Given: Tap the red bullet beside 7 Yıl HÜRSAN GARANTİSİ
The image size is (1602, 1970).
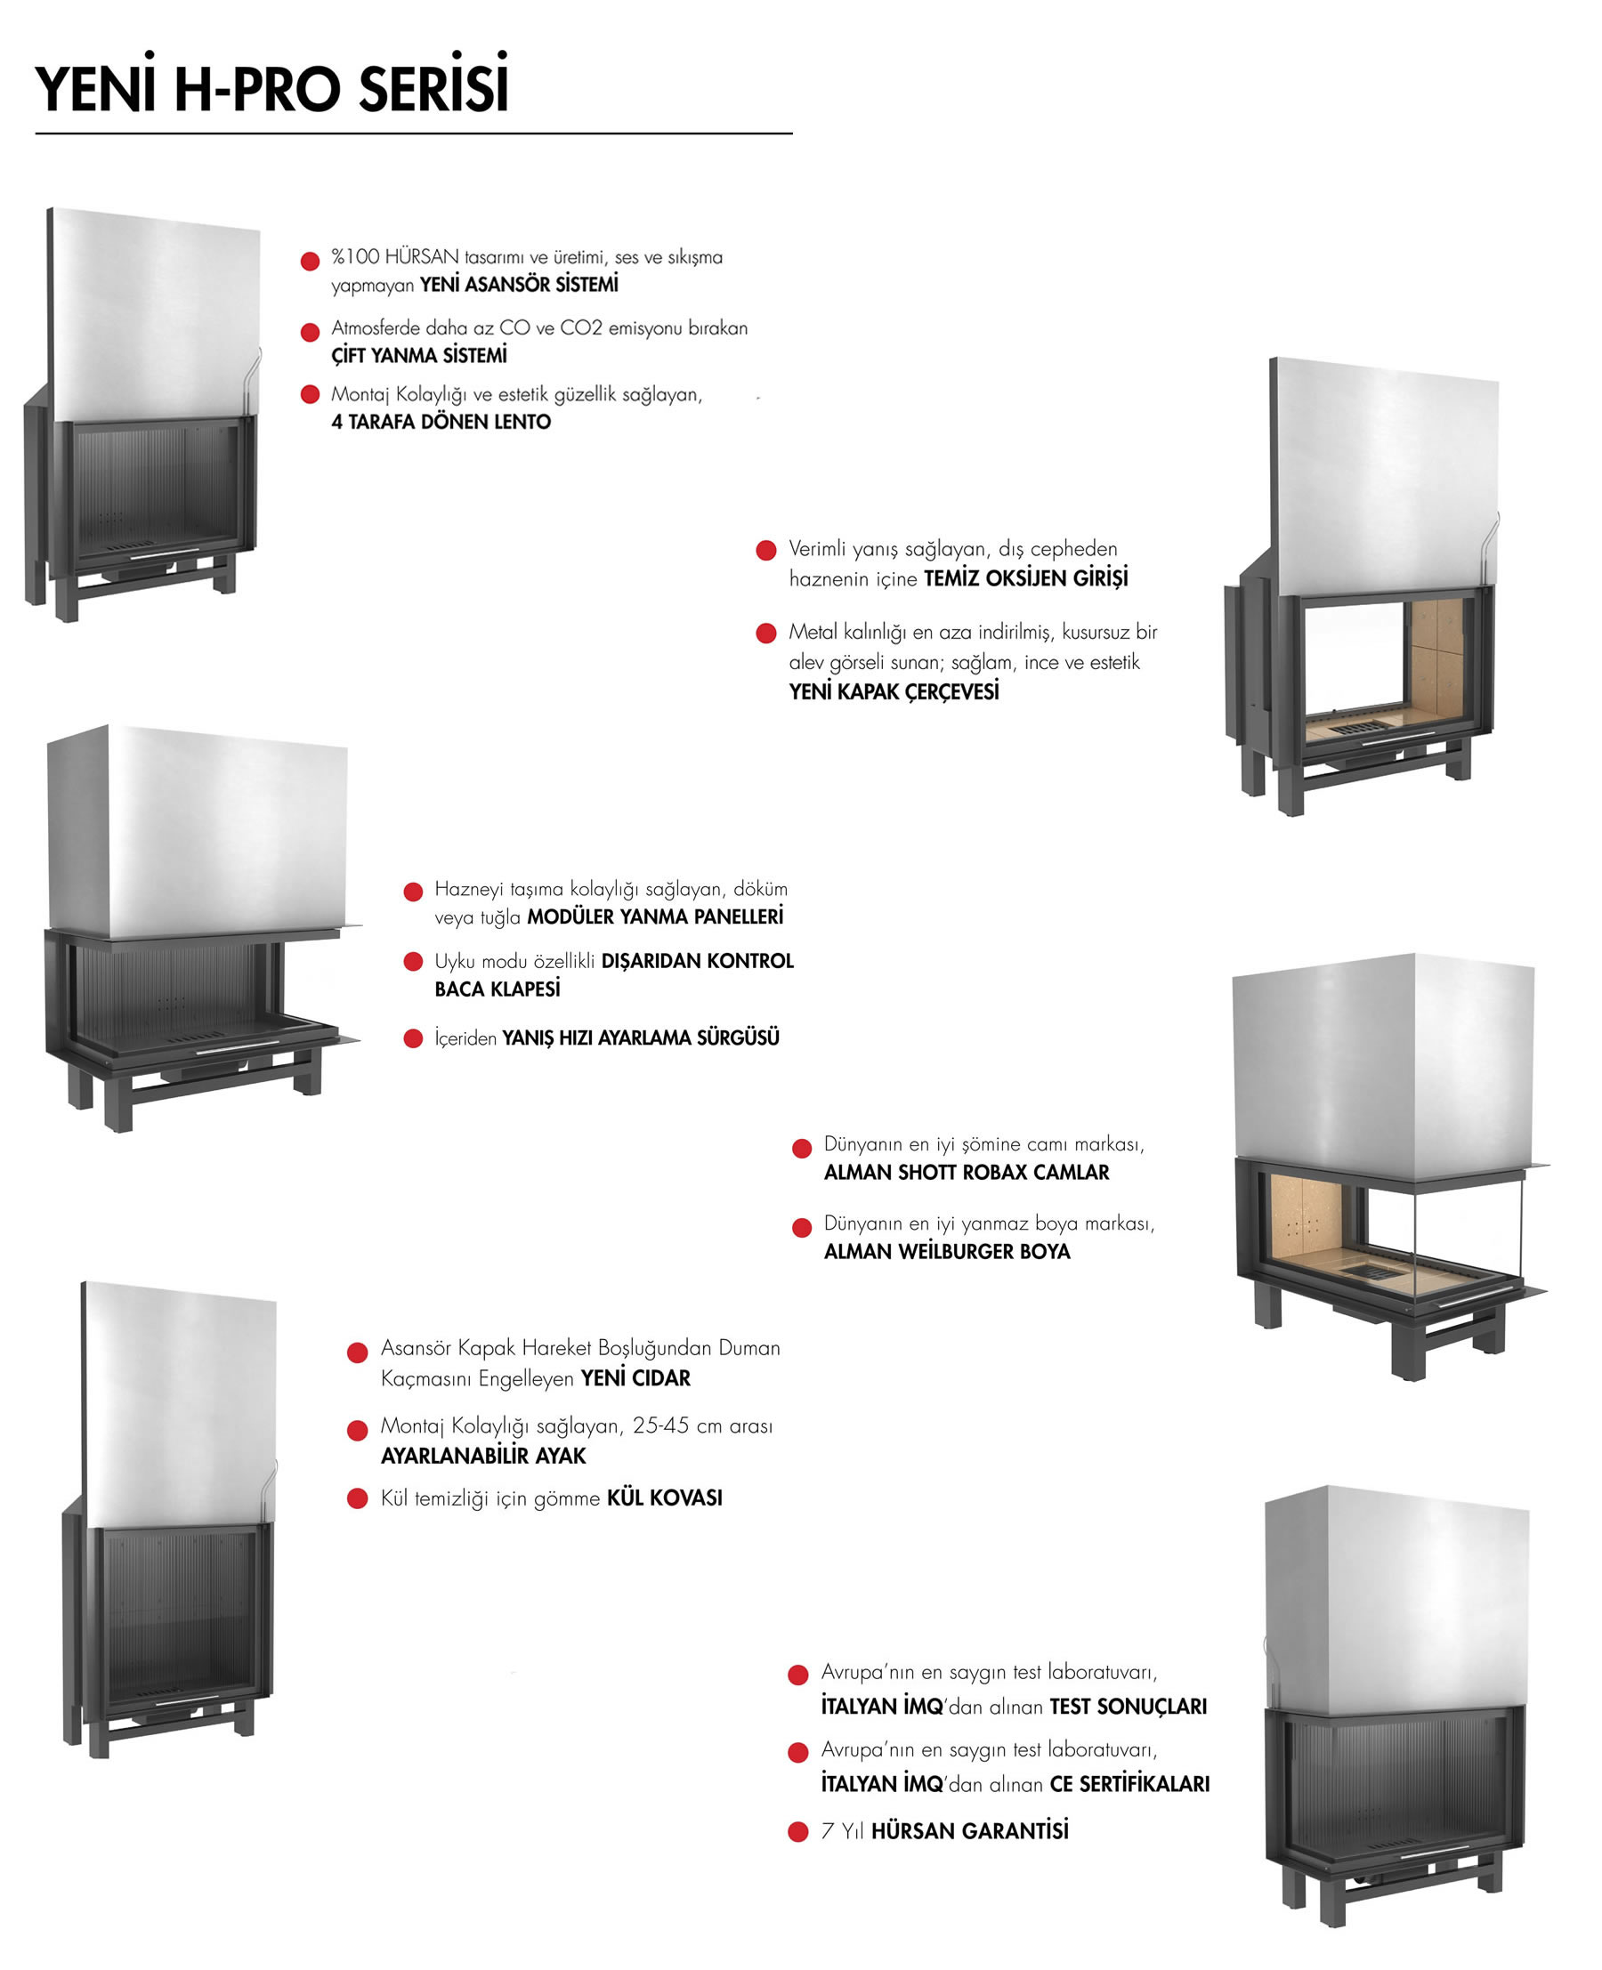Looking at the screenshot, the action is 798,1831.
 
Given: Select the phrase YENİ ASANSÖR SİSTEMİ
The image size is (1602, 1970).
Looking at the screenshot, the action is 520,284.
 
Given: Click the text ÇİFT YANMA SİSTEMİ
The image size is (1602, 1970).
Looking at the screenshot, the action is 419,355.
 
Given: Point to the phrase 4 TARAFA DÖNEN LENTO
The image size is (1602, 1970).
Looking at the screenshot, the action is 441,422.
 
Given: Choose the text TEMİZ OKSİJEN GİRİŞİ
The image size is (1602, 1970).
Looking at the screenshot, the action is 1026,578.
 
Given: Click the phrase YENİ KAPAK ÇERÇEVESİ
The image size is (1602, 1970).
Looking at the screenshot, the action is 894,692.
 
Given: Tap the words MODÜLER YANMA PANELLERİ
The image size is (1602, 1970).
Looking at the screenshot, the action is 655,917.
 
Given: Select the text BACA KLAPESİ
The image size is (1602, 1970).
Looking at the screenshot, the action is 498,989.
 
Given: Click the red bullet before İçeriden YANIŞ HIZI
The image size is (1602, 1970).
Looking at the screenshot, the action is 414,1039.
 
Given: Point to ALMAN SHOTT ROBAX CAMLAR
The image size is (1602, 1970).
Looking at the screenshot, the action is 967,1173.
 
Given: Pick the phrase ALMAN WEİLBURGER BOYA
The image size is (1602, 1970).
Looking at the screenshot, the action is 947,1252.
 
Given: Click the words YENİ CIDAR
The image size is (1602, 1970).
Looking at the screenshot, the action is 635,1378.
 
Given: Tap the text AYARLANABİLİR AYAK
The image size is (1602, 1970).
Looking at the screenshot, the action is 483,1456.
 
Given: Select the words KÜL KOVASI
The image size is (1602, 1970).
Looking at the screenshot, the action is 665,1498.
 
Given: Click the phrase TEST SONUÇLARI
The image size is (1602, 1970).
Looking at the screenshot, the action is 1128,1707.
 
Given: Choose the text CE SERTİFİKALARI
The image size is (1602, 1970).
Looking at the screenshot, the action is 1129,1785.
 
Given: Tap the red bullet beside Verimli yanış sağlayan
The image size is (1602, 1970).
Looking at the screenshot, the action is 766,551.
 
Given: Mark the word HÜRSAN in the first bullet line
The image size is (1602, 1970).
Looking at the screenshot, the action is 422,256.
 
